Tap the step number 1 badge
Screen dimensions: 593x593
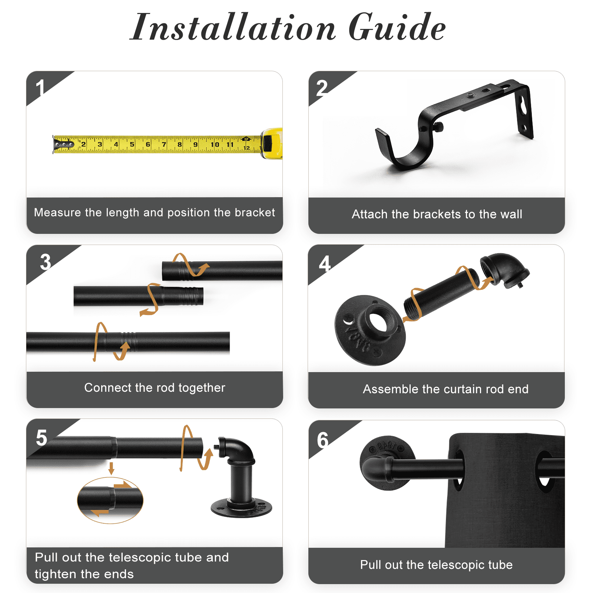point(40,88)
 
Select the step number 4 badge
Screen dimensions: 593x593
point(325,264)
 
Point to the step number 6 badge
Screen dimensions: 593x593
point(323,440)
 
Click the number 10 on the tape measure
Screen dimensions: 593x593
point(215,144)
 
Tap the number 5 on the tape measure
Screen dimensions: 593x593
point(132,144)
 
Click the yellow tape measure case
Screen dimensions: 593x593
point(272,143)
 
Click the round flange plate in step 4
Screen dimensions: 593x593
point(370,330)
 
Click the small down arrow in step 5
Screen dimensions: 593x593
point(111,468)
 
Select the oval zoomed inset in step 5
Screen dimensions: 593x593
point(110,500)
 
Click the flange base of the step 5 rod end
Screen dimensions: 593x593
point(241,508)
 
